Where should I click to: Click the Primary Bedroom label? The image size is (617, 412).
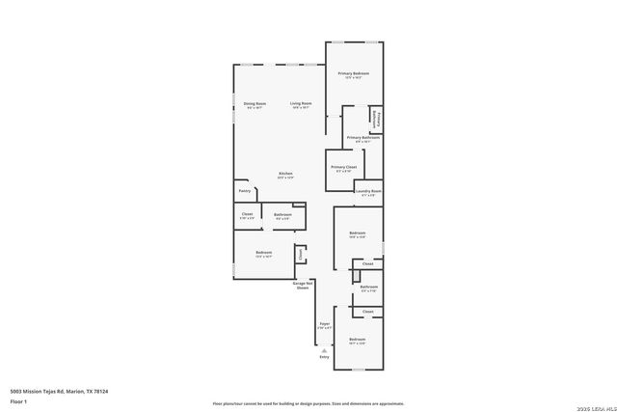click(x=353, y=73)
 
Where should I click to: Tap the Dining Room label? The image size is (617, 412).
click(x=255, y=103)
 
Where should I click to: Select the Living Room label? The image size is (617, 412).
click(x=301, y=103)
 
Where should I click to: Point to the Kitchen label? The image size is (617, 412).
click(x=286, y=174)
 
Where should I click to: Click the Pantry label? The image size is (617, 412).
click(x=245, y=191)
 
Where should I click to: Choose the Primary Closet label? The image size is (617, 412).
click(x=342, y=167)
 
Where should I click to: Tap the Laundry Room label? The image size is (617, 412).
click(x=368, y=191)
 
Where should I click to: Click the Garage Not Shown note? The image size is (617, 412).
click(x=303, y=286)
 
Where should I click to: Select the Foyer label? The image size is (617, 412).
click(x=325, y=324)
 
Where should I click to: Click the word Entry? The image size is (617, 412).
click(x=324, y=358)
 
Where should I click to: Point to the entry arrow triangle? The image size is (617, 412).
click(x=324, y=351)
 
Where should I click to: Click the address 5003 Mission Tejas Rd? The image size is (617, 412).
click(x=59, y=391)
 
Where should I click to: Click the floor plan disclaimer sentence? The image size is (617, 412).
click(x=308, y=403)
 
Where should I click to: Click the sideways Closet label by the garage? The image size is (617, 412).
click(x=301, y=255)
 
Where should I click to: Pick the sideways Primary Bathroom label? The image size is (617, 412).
click(x=377, y=118)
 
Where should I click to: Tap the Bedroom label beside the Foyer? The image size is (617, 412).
click(x=357, y=340)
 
